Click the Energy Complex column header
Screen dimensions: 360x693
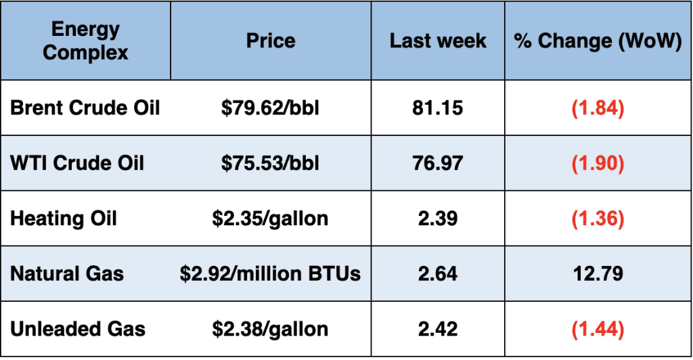85,41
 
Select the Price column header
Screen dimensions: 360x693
270,41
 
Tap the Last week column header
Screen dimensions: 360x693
437,41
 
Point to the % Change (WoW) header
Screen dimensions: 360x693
598,41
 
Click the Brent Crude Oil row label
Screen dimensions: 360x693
85,108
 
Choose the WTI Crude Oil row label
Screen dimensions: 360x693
77,163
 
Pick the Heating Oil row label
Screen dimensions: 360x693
64,219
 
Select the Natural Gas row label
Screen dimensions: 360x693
67,274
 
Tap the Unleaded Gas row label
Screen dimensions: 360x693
78,330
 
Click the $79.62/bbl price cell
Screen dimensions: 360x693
270,108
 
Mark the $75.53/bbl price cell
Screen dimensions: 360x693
270,163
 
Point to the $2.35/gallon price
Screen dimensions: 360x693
270,219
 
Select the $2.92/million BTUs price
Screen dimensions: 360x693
270,274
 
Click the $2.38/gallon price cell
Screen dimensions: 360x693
270,330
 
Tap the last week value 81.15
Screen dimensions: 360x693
437,108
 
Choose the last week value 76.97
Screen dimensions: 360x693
437,163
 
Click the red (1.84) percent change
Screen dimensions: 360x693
598,108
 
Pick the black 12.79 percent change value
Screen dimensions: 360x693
598,274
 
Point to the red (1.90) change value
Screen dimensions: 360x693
598,163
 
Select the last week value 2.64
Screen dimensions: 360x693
437,274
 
